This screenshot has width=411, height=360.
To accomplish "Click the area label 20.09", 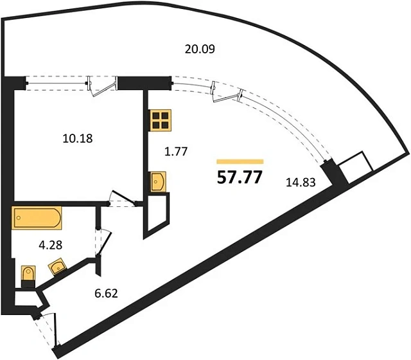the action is point(200,49).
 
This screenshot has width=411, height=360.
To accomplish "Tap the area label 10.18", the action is point(78,138).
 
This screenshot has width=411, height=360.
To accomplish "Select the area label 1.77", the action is point(176,152).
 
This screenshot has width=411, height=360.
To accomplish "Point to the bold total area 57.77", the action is point(240,177).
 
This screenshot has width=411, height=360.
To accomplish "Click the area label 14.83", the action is point(301,182).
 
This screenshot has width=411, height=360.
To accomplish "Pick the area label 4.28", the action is point(50,245).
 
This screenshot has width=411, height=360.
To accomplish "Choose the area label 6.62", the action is point(106,293).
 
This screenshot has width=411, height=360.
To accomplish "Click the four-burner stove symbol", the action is point(160,120).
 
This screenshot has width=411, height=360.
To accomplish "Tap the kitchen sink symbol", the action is point(158,182).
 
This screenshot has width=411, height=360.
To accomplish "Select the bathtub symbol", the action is point(37,218).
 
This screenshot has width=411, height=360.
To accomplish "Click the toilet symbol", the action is point(28,276).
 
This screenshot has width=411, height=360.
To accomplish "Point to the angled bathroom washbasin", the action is point(57,266).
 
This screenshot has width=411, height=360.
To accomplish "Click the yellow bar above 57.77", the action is point(240,161).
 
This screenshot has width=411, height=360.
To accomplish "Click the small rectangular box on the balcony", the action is point(356,167).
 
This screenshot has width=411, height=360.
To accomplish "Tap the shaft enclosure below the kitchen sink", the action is point(157,213).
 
